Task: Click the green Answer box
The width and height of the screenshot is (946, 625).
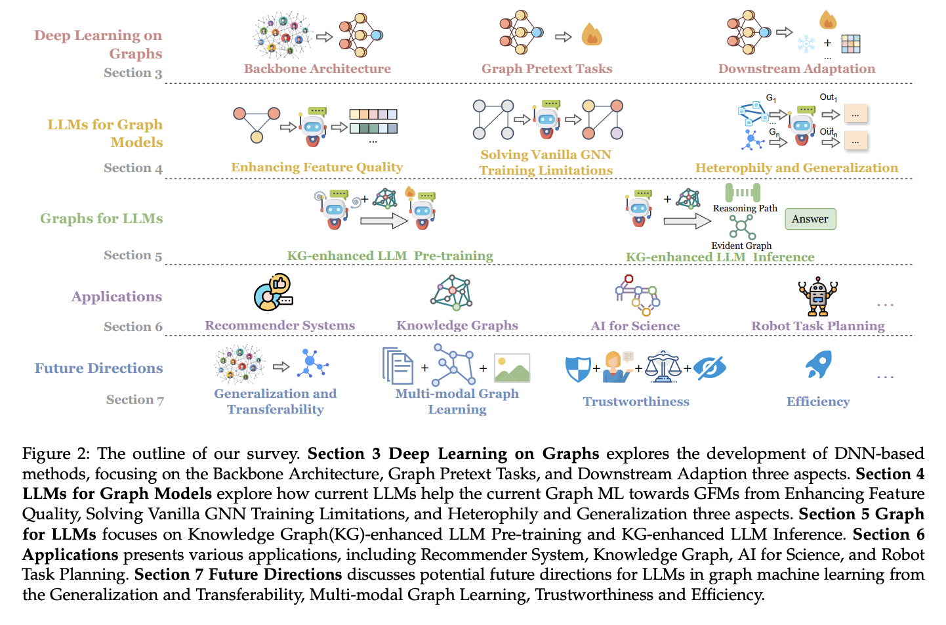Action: (810, 219)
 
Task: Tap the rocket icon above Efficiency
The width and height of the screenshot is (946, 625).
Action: (819, 364)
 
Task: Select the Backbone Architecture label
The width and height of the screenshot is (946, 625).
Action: (317, 69)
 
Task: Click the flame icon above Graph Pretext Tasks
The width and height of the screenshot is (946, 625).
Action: (591, 35)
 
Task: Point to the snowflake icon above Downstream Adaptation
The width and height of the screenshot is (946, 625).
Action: (806, 44)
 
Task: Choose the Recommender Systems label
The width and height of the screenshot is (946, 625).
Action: (279, 326)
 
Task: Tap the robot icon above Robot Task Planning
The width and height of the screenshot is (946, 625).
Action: (817, 296)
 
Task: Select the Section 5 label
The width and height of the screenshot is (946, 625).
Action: (133, 255)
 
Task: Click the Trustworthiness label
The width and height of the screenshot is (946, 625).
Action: (636, 402)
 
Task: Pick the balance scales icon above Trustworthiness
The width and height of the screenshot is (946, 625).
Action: (663, 367)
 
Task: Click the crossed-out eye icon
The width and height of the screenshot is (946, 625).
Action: (710, 368)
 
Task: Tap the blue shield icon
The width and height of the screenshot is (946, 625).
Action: (578, 369)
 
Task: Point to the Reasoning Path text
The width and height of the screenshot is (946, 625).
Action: (745, 209)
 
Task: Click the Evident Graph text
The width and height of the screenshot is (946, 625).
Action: (741, 246)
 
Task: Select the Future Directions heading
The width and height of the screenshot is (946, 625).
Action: (98, 368)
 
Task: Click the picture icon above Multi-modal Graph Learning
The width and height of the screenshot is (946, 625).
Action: (512, 368)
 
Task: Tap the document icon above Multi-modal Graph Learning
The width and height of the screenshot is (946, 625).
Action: (398, 366)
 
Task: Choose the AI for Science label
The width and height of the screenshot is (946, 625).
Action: (635, 326)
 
